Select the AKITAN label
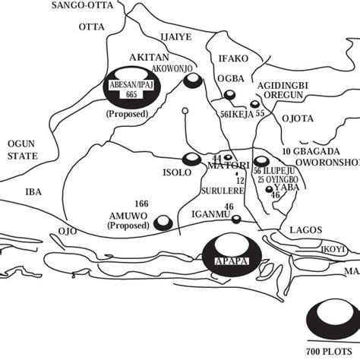(147, 57)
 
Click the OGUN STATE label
(22, 149)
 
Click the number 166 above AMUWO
(141, 204)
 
